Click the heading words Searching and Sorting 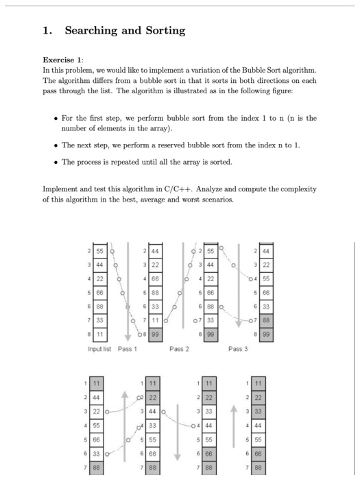click(125, 30)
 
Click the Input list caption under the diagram click(101, 349)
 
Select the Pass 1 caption click(128, 349)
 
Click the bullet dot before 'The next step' click(55, 145)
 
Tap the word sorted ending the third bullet click(222, 162)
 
